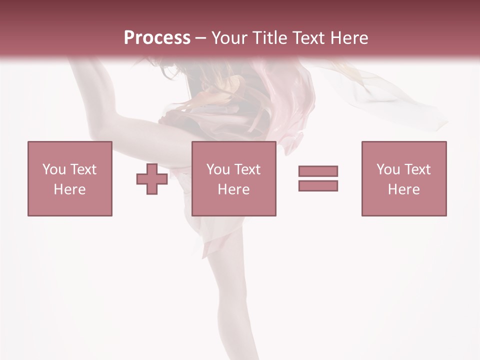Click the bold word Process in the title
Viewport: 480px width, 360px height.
pyautogui.click(x=157, y=37)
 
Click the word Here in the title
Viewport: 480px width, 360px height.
pyautogui.click(x=349, y=37)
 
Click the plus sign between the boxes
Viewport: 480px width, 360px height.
pyautogui.click(x=152, y=179)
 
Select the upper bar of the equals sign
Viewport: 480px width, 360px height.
pyautogui.click(x=318, y=171)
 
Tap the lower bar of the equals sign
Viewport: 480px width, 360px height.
pyautogui.click(x=318, y=185)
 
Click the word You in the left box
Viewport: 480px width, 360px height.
pyautogui.click(x=54, y=169)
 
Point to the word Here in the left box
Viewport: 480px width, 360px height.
pyautogui.click(x=69, y=189)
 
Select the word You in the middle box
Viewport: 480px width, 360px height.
pyautogui.click(x=218, y=169)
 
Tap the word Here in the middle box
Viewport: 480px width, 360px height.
pyautogui.click(x=233, y=189)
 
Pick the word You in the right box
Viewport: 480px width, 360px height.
pyautogui.click(x=388, y=169)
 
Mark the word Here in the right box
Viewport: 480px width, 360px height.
pyautogui.click(x=403, y=189)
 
